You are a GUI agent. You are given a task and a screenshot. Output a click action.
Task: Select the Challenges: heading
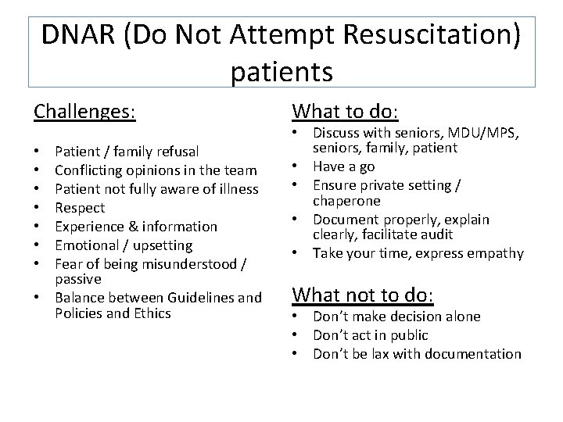coord(84,112)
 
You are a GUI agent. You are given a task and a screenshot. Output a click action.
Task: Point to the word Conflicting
coord(91,170)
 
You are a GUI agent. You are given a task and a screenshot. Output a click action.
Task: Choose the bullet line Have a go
coord(343,166)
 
